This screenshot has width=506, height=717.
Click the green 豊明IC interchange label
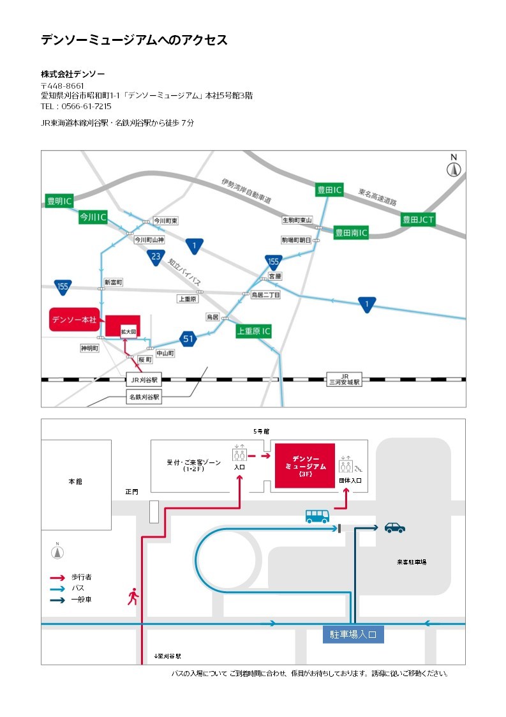[59, 201]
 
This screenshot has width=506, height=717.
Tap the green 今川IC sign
[92, 217]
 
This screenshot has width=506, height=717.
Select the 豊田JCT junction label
[418, 220]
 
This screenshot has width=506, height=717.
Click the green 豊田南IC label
[352, 233]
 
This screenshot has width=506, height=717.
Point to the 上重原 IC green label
[254, 331]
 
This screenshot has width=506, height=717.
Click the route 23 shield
[155, 257]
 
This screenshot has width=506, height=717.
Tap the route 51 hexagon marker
[188, 339]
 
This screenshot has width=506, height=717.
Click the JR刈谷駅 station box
[144, 379]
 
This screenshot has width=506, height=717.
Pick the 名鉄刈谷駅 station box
[144, 397]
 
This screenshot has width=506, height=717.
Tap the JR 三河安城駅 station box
[345, 379]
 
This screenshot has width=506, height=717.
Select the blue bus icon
[317, 516]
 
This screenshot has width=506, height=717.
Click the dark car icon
[394, 527]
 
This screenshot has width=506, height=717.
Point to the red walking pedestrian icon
[133, 597]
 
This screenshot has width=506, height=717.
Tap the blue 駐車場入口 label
[353, 635]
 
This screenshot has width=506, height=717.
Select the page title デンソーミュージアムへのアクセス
[134, 40]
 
